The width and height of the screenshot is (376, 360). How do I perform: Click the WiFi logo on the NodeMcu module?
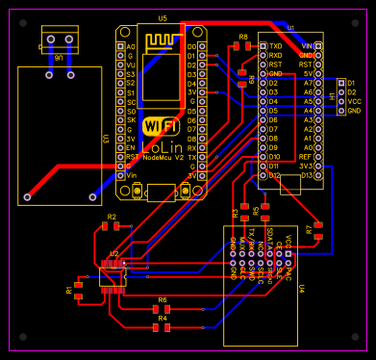[x=160, y=126]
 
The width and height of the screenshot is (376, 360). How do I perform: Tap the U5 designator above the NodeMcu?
[x=162, y=19]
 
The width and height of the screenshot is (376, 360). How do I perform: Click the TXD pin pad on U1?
[x=263, y=45]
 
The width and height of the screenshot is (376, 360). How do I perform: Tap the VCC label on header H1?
[x=354, y=101]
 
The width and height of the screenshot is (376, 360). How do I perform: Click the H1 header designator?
[x=333, y=96]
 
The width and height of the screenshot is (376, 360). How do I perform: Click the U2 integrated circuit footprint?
[x=113, y=275]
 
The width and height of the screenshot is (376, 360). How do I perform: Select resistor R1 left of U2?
[x=78, y=290]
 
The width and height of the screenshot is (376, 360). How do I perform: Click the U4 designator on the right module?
[x=301, y=288]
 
